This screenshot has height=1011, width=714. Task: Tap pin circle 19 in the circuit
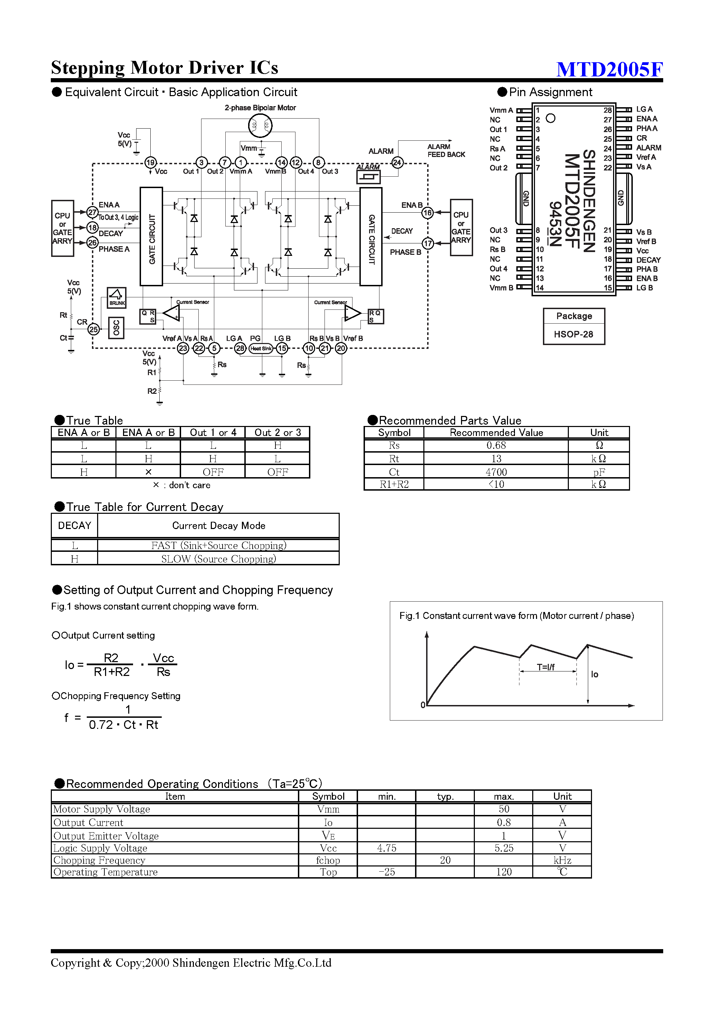pos(151,163)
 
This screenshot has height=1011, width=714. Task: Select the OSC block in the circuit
pos(116,328)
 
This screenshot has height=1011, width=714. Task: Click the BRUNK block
pos(117,298)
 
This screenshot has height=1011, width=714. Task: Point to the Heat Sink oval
pos(261,348)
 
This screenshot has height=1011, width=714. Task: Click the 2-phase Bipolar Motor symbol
pos(260,126)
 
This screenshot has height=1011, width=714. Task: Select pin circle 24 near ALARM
pos(397,163)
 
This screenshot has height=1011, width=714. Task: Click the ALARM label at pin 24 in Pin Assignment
pos(648,148)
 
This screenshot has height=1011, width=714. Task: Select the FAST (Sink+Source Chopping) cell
pos(218,546)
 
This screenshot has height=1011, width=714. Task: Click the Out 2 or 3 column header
pos(277,433)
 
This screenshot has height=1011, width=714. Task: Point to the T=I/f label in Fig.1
pos(545,667)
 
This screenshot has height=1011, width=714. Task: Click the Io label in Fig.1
pos(594,675)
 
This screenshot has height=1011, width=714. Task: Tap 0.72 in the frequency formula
pos(101,725)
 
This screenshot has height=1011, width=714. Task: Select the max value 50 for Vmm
pos(504,809)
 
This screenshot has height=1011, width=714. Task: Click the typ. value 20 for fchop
pos(445,860)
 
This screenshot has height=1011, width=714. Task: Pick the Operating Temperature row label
pos(106,872)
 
